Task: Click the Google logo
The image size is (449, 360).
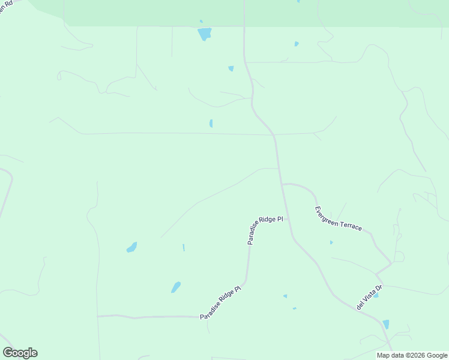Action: pos(20,353)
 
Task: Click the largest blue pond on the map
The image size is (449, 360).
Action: pos(205,34)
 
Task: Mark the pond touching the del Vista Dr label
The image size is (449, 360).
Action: pos(376,295)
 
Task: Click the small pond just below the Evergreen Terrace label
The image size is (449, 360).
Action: pos(331,242)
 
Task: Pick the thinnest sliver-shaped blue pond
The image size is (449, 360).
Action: pos(183,247)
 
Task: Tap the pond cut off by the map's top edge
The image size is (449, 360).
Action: pos(298,1)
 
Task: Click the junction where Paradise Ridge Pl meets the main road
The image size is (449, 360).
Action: pos(288,219)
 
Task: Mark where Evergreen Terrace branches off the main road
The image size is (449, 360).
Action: pos(282,184)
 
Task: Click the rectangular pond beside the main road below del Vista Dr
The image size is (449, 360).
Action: pos(386,324)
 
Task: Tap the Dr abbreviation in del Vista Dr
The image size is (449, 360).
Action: pos(379,287)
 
